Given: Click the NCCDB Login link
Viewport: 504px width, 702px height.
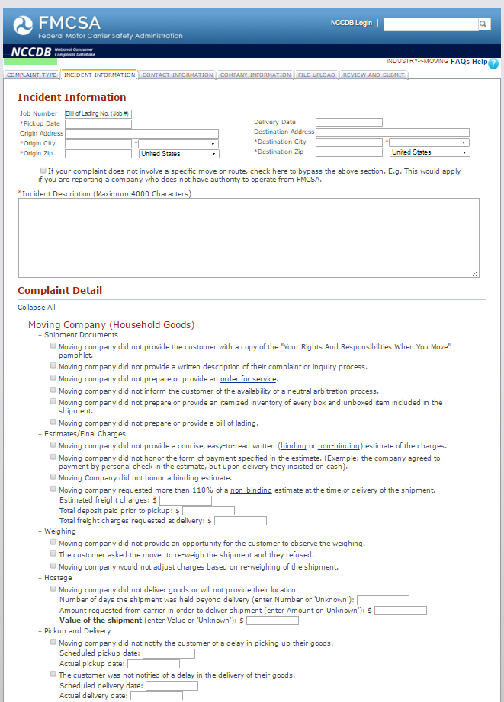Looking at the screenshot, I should [x=351, y=23].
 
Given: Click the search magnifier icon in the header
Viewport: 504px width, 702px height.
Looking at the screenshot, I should [x=483, y=24].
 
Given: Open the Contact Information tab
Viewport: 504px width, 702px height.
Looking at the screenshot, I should [x=177, y=75].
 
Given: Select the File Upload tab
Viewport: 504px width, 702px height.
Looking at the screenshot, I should [x=316, y=75].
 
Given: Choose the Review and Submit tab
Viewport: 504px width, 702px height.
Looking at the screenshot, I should [x=374, y=75].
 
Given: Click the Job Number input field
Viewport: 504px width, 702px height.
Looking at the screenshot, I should [x=98, y=113].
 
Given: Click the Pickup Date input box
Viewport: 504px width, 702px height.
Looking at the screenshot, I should [x=98, y=123].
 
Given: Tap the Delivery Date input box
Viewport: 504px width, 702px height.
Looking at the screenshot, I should [x=349, y=122].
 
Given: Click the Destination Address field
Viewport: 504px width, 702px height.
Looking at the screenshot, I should [x=393, y=132].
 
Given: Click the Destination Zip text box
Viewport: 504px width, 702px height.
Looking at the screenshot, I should [x=349, y=152].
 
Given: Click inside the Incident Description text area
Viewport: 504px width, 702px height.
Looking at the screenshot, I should [x=249, y=238].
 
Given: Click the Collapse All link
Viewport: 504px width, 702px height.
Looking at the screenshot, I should [x=37, y=308].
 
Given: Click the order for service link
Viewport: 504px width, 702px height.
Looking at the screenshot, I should [x=249, y=378].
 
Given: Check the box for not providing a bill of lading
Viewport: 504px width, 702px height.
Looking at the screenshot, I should [x=53, y=422].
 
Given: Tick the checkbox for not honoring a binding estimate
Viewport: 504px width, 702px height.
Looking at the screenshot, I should [x=53, y=477].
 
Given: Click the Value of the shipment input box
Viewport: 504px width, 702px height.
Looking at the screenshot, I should [x=272, y=621].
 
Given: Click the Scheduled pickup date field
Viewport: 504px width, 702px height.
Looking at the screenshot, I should [x=169, y=653].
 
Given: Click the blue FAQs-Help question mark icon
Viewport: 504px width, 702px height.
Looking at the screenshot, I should [x=493, y=64].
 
